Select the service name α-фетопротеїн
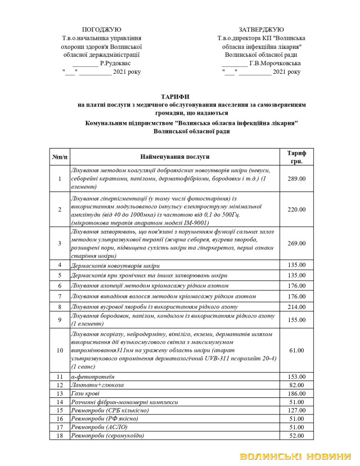(x=93, y=376)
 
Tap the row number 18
(x=59, y=436)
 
